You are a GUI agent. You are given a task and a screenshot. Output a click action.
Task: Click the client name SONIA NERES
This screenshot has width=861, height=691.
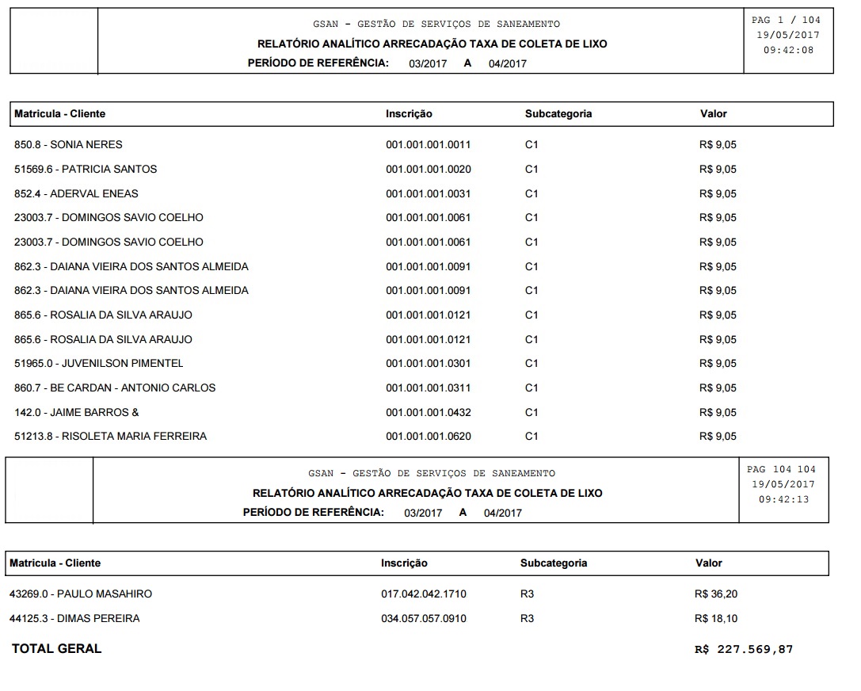tap(86, 145)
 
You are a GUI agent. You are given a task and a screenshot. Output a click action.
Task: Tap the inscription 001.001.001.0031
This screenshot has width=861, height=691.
tap(428, 194)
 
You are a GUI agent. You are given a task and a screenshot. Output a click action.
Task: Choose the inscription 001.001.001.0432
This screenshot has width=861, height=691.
tap(428, 413)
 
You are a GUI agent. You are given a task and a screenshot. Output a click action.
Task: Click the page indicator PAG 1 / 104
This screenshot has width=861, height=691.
tap(786, 20)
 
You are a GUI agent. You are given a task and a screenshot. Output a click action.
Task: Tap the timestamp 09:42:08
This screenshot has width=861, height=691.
tap(787, 50)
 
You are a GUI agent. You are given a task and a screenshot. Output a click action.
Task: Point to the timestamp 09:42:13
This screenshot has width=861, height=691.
tap(783, 500)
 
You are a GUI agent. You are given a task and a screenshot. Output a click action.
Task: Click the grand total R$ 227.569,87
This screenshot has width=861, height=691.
tap(743, 650)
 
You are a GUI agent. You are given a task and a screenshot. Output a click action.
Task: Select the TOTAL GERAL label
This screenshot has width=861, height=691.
tap(57, 649)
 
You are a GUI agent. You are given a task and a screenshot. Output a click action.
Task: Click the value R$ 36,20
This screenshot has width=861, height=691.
tap(715, 594)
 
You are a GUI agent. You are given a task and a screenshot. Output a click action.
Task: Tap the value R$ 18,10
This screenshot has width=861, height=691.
tap(715, 619)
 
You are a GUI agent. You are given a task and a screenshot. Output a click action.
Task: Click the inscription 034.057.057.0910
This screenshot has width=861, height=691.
tap(424, 619)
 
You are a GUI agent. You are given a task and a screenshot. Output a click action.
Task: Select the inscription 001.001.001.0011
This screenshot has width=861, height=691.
tap(428, 145)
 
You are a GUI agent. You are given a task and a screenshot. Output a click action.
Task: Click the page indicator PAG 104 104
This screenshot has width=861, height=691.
tap(781, 470)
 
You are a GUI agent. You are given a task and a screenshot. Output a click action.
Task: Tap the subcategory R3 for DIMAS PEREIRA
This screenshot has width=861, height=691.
tap(527, 619)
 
